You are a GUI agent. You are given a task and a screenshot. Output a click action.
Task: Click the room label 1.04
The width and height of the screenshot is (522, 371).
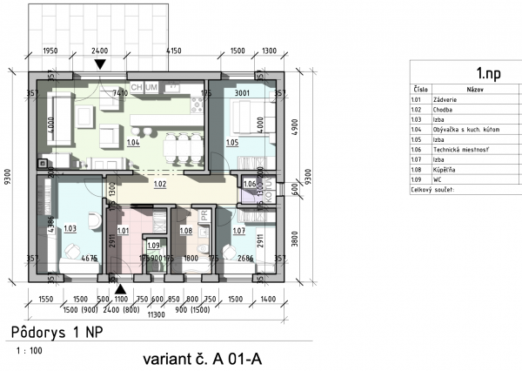click(x=133, y=141)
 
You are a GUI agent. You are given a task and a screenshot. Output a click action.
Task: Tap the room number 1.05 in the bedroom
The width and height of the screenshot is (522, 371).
click(x=232, y=141)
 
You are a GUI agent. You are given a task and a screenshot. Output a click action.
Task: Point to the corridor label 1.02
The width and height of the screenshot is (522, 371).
click(x=160, y=185)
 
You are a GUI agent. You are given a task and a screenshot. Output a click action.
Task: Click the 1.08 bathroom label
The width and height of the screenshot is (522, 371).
click(x=185, y=231)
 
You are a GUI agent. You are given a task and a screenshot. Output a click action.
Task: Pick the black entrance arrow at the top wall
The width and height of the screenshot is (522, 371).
click(x=102, y=64)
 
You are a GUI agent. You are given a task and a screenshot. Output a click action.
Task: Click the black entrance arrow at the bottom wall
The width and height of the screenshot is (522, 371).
click(x=121, y=287)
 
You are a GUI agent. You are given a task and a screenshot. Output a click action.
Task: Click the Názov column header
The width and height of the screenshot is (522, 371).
click(x=475, y=90)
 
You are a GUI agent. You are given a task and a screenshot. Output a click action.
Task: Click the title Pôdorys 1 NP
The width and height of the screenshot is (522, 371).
click(x=52, y=334)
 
